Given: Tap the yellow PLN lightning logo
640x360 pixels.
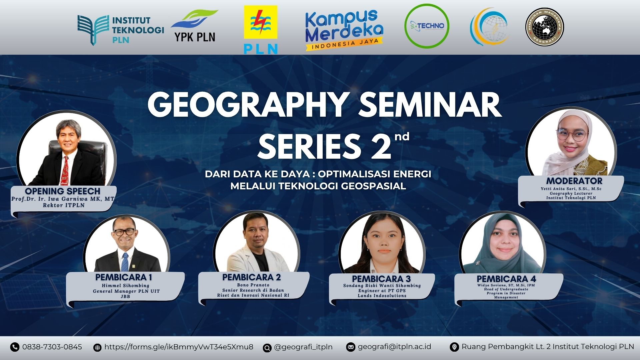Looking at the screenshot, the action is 261,30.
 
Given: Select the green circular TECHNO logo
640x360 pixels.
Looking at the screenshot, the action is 427,26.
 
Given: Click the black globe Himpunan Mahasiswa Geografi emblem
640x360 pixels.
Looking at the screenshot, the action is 545,26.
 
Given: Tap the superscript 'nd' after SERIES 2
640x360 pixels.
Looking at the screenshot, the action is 402,137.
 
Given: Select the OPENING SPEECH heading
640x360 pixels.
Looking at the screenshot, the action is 63,191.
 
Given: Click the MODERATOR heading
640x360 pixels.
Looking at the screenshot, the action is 574,181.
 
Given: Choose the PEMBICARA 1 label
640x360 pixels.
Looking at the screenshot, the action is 124,277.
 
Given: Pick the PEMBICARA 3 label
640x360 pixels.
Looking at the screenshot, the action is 381,279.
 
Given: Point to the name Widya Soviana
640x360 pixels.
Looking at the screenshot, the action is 491,285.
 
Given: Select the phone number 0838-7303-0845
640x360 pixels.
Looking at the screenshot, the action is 52,347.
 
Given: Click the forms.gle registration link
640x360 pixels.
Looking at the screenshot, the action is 179,347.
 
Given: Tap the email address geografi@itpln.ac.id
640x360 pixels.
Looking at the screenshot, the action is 394,347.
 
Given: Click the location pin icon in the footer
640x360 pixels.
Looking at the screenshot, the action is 454,347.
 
